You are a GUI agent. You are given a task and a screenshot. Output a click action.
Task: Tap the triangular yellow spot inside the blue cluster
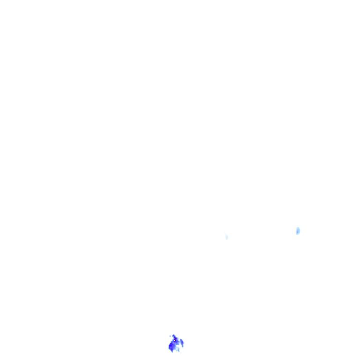pos(176,338)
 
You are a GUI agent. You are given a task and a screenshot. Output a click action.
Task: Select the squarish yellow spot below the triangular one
pos(175,341)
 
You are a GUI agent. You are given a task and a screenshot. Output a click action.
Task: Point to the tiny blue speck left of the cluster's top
pos(170,336)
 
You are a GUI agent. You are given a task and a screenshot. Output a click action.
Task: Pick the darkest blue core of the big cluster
pos(171,345)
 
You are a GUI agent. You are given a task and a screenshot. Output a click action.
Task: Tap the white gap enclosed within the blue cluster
pos(177,345)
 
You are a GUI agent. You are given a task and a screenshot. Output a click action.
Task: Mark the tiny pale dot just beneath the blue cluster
pos(181,352)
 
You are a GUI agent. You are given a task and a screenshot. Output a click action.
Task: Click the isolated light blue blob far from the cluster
pos(298,231)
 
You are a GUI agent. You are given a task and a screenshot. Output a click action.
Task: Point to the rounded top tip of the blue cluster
pos(173,335)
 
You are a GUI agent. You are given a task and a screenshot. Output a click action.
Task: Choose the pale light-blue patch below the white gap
pos(177,349)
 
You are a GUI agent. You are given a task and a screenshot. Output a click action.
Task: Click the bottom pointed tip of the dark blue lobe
pos(172,352)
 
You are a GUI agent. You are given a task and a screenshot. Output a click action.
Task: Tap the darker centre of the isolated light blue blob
pos(298,231)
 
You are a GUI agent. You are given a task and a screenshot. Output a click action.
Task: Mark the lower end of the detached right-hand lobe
pos(182,347)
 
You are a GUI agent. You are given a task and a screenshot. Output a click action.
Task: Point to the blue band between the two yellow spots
pos(175,339)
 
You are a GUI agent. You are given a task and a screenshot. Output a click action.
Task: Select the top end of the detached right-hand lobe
pos(180,339)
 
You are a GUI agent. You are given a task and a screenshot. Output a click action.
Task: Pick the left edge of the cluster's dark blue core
pos(169,345)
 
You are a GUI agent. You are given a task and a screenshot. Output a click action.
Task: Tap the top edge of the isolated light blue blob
pos(298,228)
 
